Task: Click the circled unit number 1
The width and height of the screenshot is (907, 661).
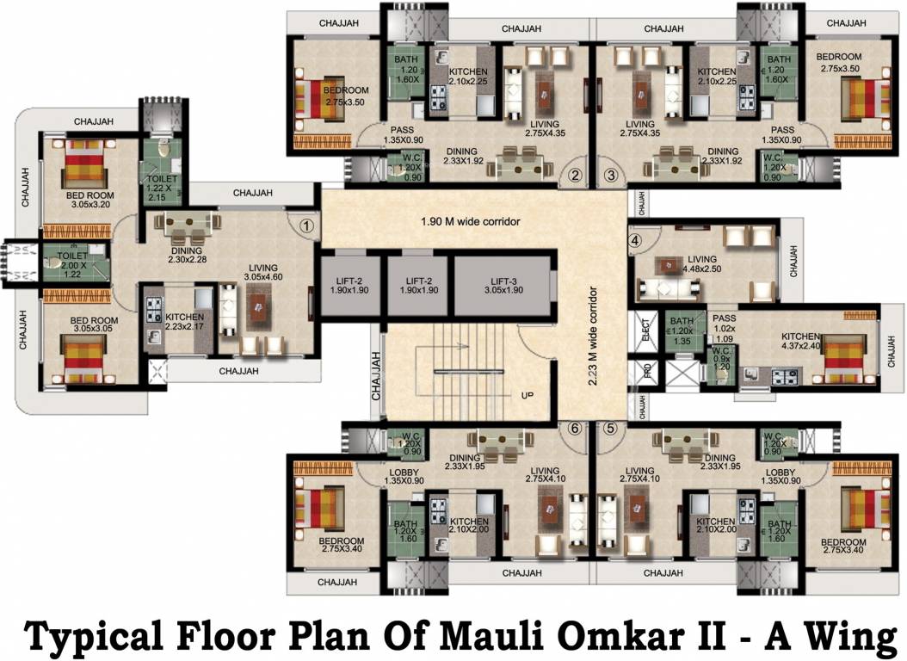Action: coord(306,226)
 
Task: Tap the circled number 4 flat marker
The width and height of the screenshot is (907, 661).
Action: coord(635,242)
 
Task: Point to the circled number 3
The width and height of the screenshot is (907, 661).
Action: coord(611,176)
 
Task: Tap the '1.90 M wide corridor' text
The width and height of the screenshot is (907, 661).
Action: coord(471,221)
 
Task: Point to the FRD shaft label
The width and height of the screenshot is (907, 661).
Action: coord(646,371)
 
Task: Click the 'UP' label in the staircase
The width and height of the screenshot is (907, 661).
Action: coord(526,395)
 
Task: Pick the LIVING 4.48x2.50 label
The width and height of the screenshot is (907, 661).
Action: coord(701,263)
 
